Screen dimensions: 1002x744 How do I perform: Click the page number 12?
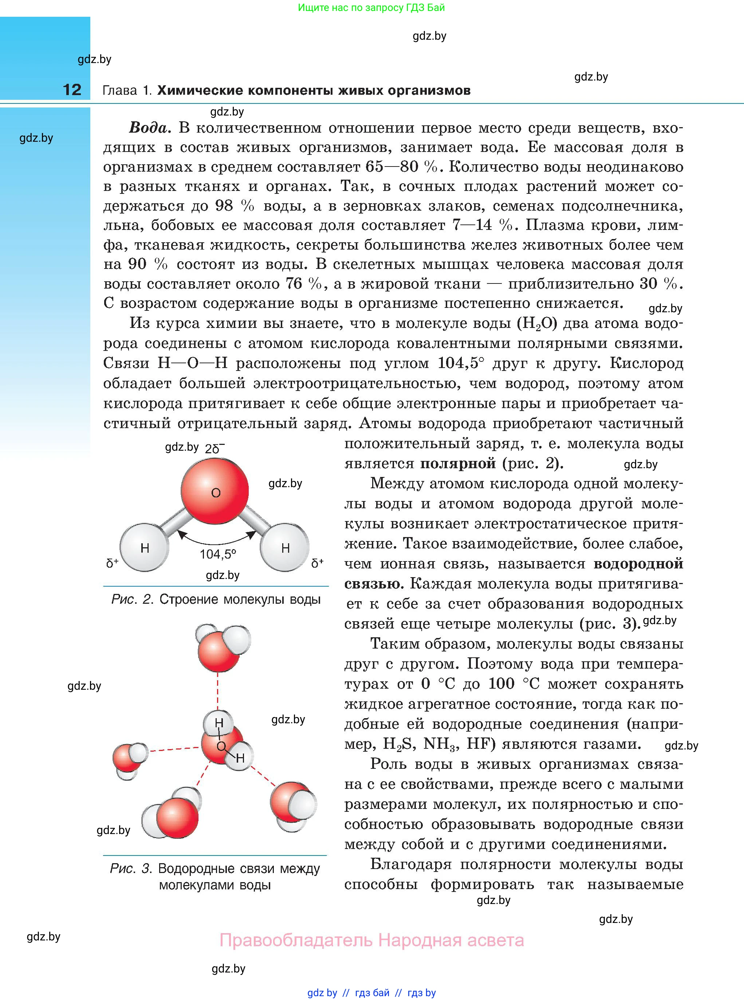coord(72,90)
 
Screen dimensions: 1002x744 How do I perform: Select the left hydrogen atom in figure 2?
coord(145,547)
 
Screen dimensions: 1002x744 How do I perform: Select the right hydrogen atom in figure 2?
coord(285,547)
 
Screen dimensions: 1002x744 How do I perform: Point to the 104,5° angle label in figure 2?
coord(218,554)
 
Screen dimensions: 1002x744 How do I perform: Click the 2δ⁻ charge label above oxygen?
coord(215,448)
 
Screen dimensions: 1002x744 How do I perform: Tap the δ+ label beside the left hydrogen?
coord(112,563)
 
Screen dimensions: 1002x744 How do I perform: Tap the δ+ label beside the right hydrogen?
coord(318,563)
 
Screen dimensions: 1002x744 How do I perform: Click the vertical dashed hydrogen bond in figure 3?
coord(218,691)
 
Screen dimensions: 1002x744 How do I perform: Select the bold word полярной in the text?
coord(457,463)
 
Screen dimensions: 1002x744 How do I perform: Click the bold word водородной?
coord(638,564)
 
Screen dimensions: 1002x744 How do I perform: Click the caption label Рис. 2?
coord(133,599)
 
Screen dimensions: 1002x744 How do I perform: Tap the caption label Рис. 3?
coord(131,868)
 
